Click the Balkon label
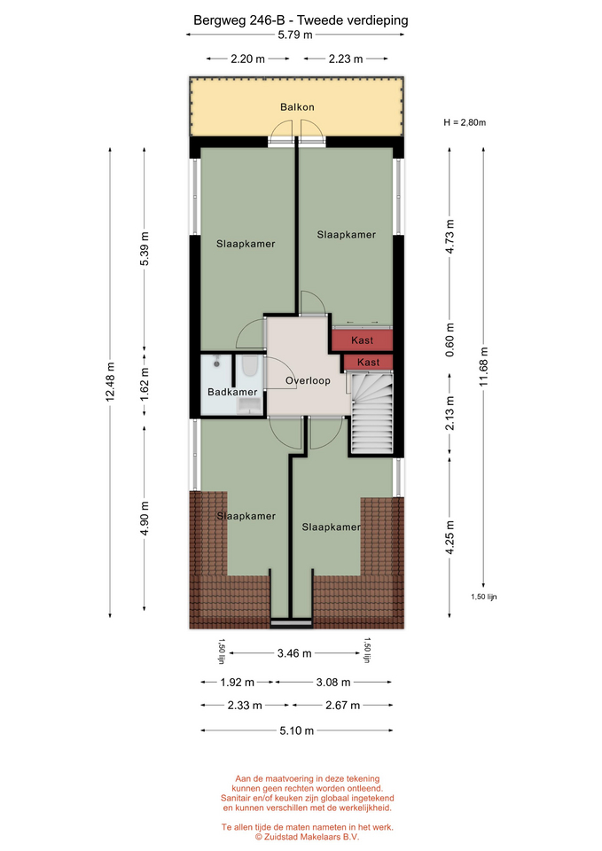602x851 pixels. (x=297, y=107)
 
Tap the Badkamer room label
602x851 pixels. (x=232, y=392)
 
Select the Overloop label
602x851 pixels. (x=308, y=380)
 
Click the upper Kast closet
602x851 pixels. (x=362, y=340)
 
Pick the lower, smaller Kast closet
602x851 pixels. (x=368, y=362)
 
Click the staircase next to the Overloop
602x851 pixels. (x=371, y=412)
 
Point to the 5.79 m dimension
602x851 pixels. (x=295, y=35)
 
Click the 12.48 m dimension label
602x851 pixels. (x=110, y=381)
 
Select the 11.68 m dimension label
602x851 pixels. (x=484, y=367)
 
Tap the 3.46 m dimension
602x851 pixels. (x=294, y=653)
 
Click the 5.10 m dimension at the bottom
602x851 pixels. (x=296, y=730)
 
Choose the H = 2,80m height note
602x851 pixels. (x=465, y=122)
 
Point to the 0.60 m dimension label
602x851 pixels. (x=450, y=340)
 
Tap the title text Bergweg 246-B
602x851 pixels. (x=239, y=20)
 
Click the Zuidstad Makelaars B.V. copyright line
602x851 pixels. (x=308, y=837)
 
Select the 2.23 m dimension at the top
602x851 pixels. (x=345, y=59)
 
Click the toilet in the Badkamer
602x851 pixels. (x=250, y=366)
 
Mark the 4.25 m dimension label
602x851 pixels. (x=450, y=537)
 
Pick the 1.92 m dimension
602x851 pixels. (x=238, y=683)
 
